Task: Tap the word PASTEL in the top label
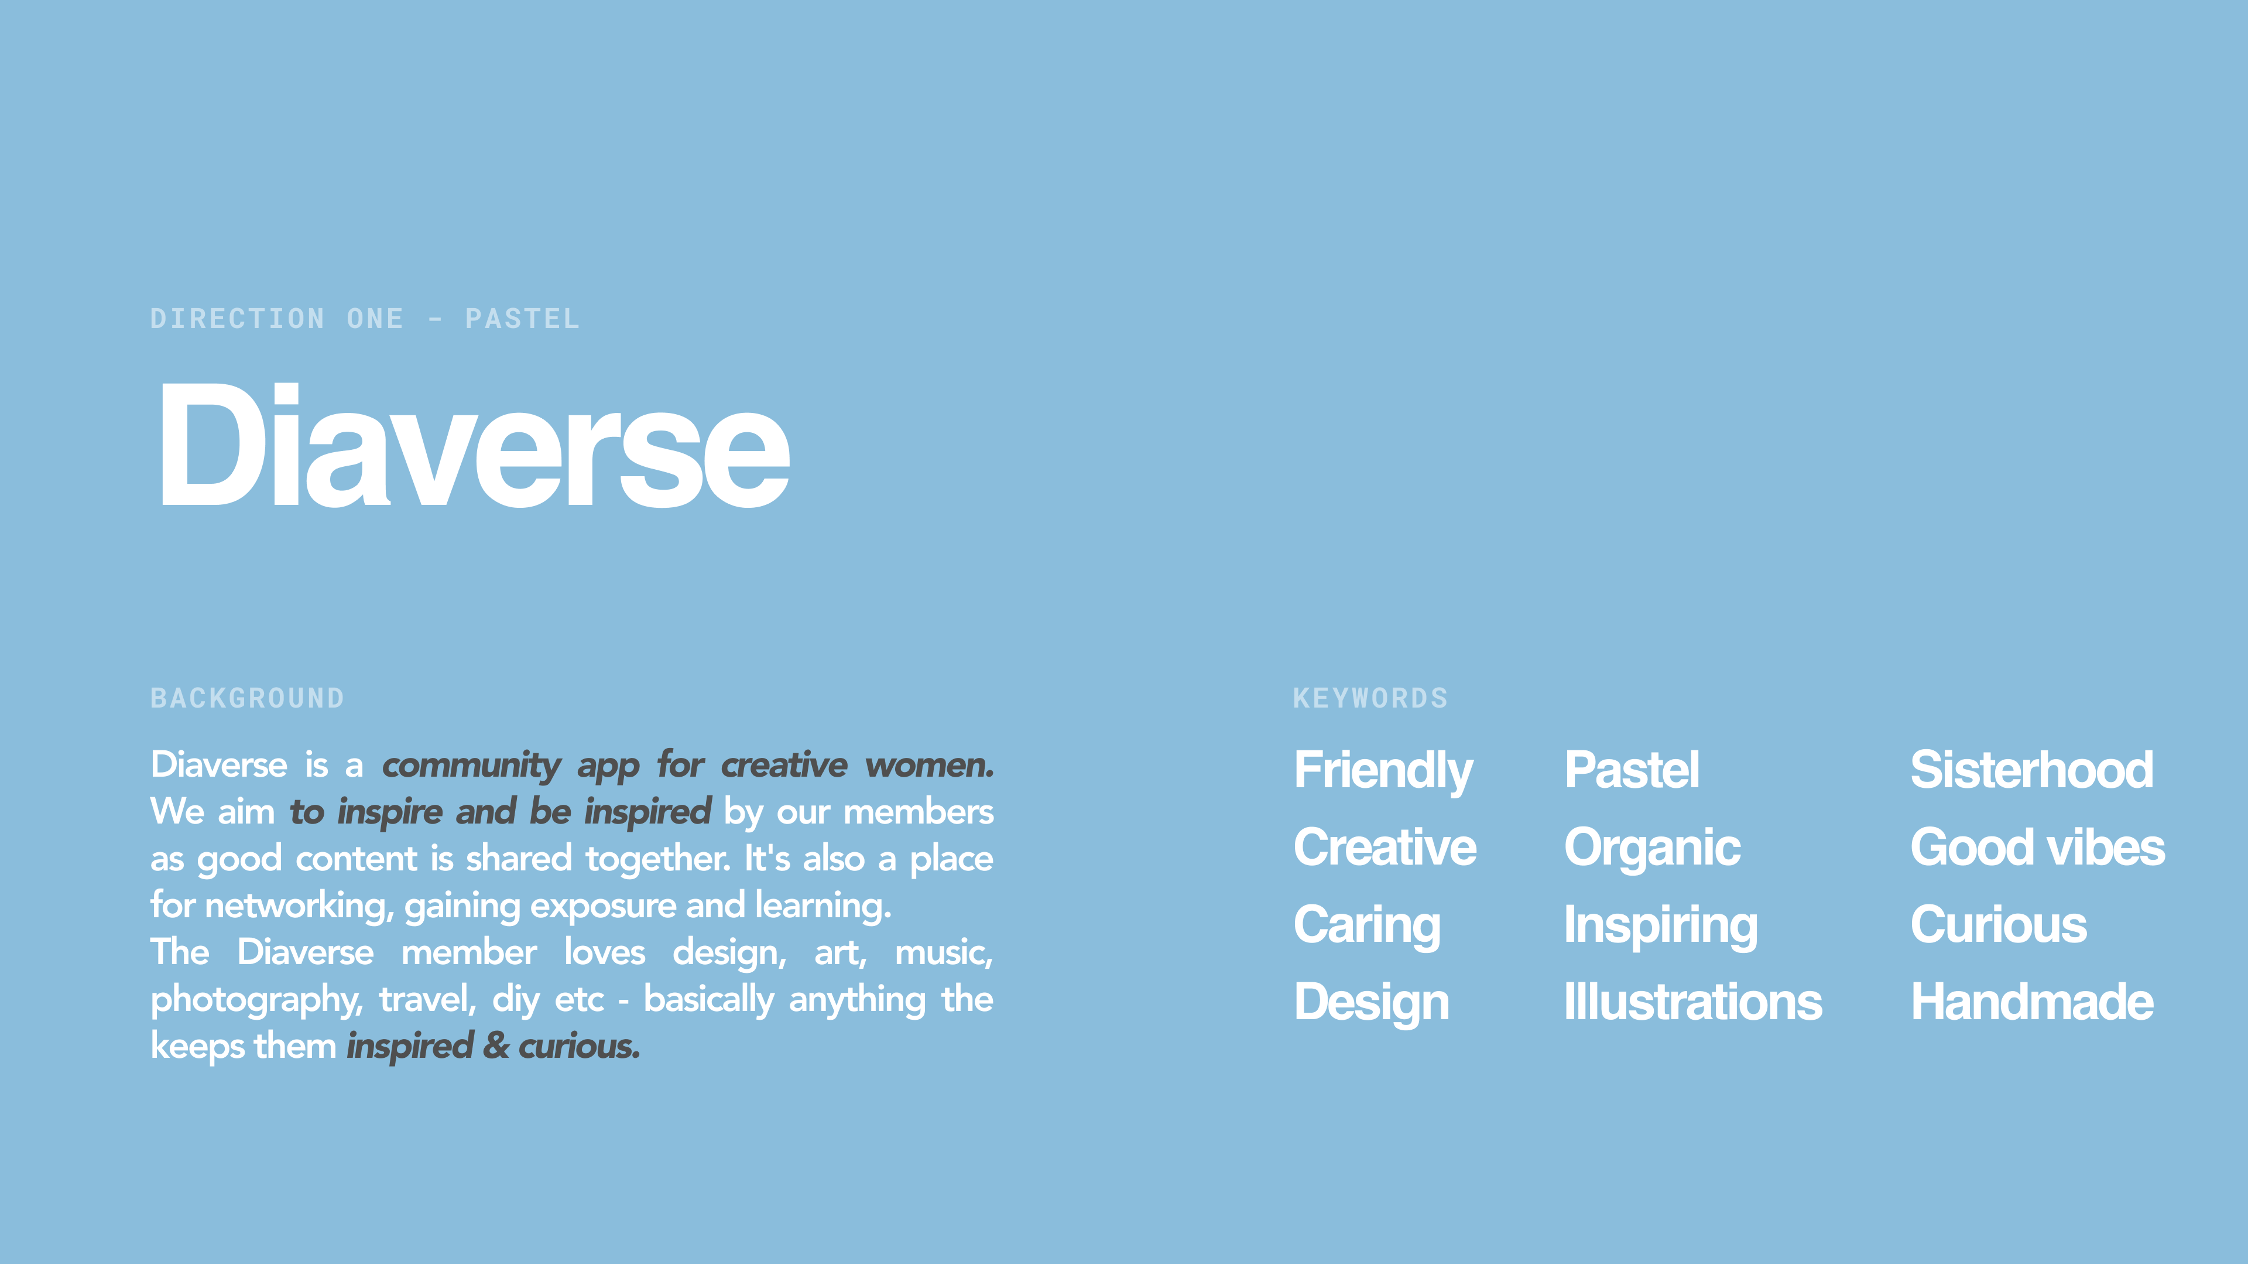pyautogui.click(x=522, y=319)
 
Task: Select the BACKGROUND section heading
pyautogui.click(x=247, y=698)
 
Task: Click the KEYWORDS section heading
pyautogui.click(x=1370, y=698)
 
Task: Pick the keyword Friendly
pyautogui.click(x=1383, y=771)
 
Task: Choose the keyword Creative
pyautogui.click(x=1385, y=847)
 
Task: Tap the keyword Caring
pyautogui.click(x=1366, y=926)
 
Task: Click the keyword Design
pyautogui.click(x=1371, y=1003)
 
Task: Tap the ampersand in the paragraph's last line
pyautogui.click(x=496, y=1046)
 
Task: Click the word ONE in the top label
pyautogui.click(x=375, y=319)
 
